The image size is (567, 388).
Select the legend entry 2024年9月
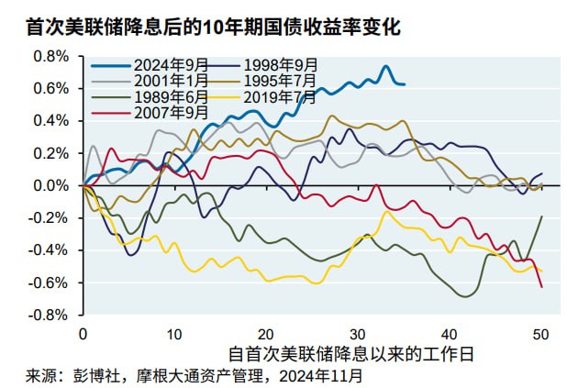[x=171, y=64]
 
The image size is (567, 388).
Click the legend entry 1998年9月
[x=279, y=64]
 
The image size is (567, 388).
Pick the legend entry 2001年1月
[x=171, y=80]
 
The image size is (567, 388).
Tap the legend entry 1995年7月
[x=279, y=80]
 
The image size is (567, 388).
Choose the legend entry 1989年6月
[x=171, y=95]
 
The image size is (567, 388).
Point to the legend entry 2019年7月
[x=279, y=95]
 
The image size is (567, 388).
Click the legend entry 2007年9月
[x=171, y=111]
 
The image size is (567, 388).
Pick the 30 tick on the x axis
[x=359, y=333]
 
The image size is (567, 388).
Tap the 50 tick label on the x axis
[x=541, y=333]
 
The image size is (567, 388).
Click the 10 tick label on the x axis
[x=174, y=333]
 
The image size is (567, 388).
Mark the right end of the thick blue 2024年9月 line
[x=405, y=84]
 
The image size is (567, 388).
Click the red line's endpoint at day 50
[x=541, y=287]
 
